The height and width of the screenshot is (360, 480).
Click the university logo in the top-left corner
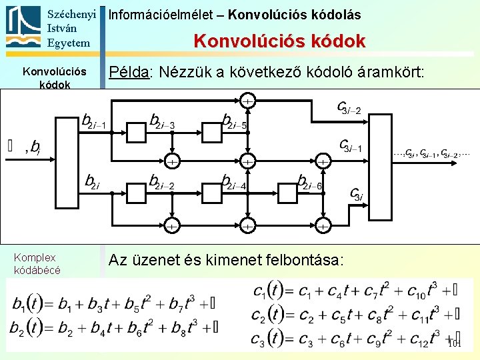23,27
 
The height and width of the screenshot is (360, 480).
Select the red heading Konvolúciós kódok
279,41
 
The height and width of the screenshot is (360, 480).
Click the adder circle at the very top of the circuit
247,101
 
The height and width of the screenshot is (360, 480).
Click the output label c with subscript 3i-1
351,145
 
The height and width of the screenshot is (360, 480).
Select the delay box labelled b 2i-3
136,133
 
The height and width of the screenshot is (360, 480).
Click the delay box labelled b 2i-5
211,133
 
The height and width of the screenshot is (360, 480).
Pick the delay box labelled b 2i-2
136,193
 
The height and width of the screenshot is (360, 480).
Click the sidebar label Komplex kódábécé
37,263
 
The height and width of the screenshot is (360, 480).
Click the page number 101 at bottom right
454,344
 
